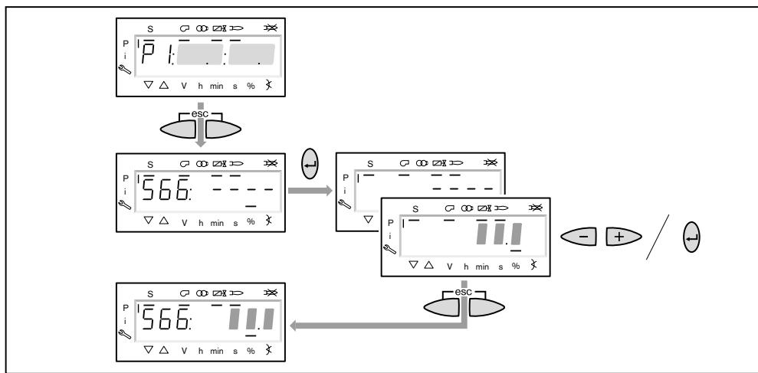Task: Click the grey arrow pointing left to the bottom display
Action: click(376, 325)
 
